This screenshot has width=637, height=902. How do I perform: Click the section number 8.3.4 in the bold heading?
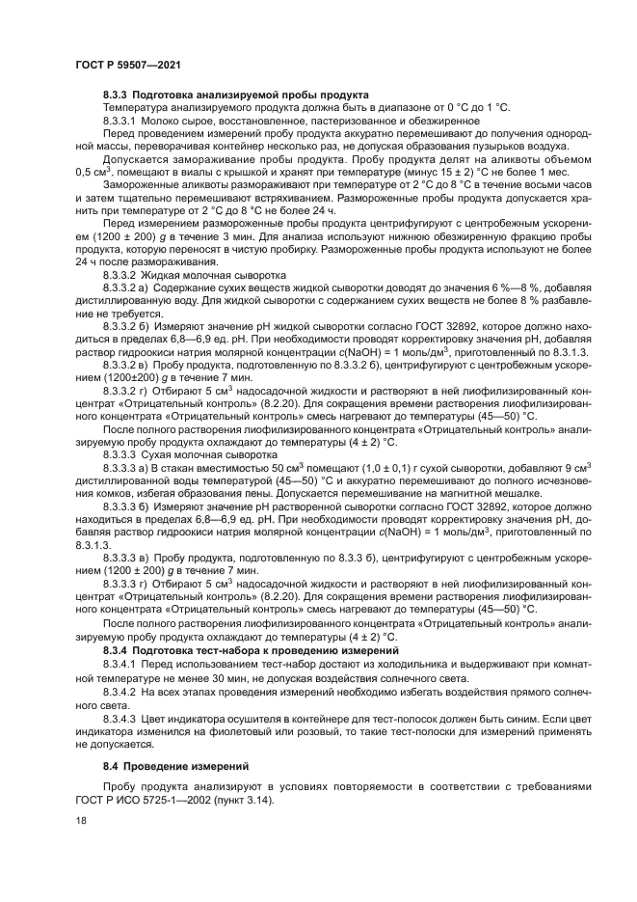118,652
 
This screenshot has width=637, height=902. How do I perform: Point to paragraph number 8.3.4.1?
122,666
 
